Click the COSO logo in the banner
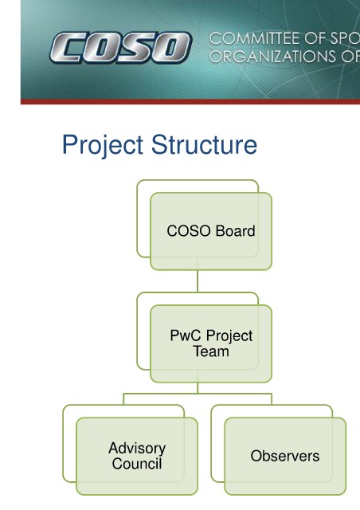click(120, 48)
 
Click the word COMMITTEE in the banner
click(252, 39)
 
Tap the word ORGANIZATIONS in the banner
click(273, 57)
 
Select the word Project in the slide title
click(103, 145)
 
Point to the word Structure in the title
click(204, 144)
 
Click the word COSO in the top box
click(189, 231)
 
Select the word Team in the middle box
click(211, 351)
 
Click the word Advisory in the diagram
click(137, 449)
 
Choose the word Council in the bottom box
click(137, 464)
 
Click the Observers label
click(285, 456)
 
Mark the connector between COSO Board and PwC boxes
click(198, 281)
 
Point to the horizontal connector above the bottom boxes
click(198, 394)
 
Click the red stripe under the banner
click(190, 101)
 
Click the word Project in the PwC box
click(229, 336)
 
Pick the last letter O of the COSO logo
click(173, 48)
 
